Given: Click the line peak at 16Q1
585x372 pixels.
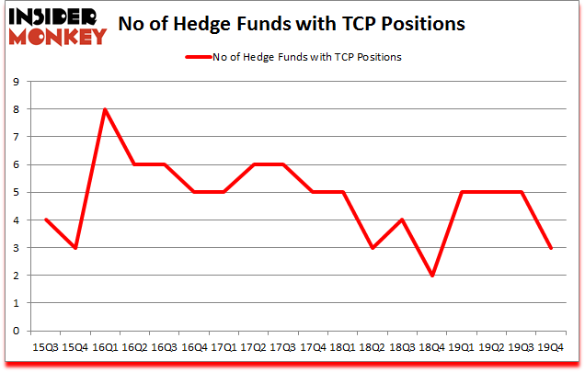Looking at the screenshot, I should pos(105,109).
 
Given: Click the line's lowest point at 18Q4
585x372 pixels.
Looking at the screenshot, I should pos(432,276).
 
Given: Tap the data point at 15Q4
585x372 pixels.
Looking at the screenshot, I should pos(75,248).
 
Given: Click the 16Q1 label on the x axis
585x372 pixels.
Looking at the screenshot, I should pos(105,348).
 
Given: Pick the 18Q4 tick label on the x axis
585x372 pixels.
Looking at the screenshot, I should pos(432,348).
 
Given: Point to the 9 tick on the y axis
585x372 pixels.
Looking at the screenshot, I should pos(17,82).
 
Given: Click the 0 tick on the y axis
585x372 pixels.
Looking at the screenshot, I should pos(17,331).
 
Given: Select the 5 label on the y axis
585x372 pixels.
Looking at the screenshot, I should pos(17,193).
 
